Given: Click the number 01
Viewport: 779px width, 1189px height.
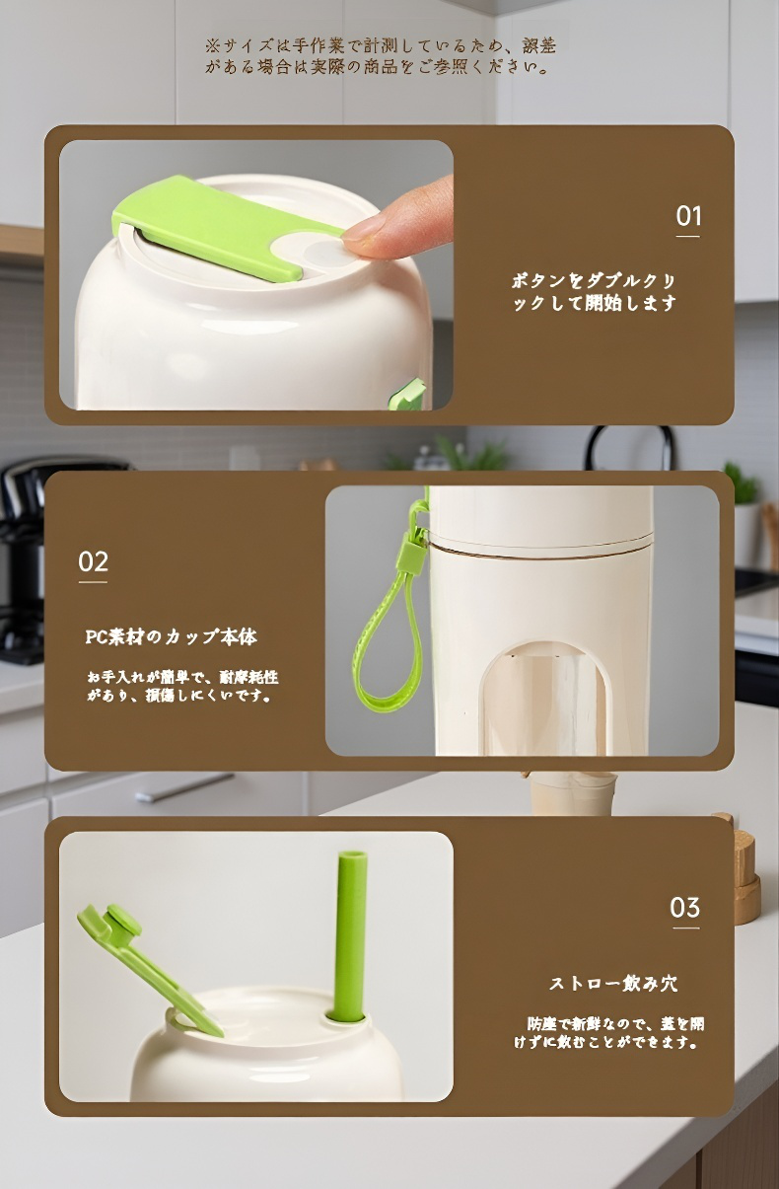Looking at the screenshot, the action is point(688,216).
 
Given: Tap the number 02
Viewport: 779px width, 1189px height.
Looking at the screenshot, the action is point(94,561).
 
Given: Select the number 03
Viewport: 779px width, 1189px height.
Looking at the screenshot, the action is point(685,908).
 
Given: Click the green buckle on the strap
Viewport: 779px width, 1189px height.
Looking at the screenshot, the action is point(413,552).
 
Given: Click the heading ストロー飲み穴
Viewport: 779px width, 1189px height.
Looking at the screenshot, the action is point(613,983).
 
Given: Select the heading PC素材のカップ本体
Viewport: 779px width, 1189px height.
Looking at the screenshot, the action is point(172,636).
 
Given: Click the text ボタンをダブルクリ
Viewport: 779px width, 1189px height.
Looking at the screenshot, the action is point(594,281).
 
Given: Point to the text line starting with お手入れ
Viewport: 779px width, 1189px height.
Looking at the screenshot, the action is point(183,677).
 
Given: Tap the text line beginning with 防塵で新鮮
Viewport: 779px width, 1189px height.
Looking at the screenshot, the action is point(615,1023).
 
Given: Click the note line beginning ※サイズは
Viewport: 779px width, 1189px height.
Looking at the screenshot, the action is point(381,45).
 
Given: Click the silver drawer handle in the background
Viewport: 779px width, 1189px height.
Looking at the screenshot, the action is point(183,787).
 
